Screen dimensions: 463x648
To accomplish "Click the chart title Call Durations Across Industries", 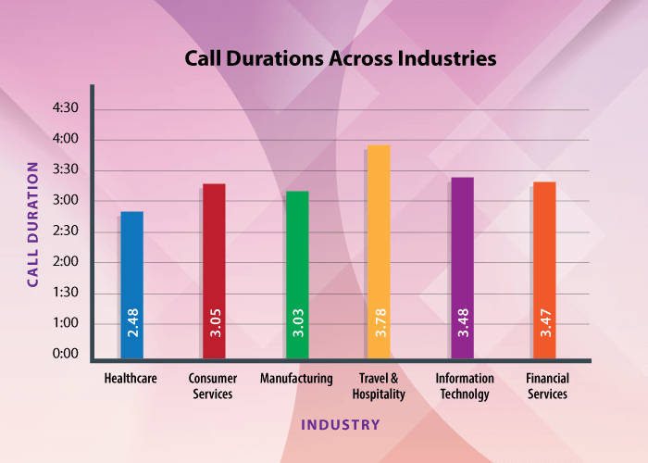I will [x=341, y=58].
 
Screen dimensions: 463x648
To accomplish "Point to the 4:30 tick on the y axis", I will [x=66, y=109].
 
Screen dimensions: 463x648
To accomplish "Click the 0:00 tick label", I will [x=66, y=354].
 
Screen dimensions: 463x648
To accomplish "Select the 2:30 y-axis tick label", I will [x=66, y=231].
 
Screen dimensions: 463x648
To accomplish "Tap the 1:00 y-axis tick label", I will [x=66, y=323].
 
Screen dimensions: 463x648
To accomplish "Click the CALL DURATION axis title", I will [x=32, y=224].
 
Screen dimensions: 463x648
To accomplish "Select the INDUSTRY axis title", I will [x=340, y=425].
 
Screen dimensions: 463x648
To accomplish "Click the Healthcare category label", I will [x=131, y=379].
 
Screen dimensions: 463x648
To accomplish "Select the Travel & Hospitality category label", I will [x=379, y=386].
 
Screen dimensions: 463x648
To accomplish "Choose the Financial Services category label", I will [x=546, y=386].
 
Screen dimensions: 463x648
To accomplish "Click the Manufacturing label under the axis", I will [x=296, y=379].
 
